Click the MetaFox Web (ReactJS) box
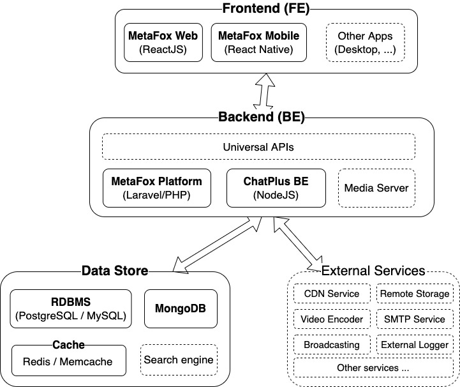click(163, 42)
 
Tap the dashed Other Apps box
click(365, 42)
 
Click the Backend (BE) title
click(261, 117)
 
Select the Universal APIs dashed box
click(258, 147)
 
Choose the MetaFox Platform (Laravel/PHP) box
click(156, 188)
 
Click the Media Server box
click(376, 188)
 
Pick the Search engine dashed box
click(179, 360)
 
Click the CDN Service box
click(332, 294)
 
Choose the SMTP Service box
click(415, 319)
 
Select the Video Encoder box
click(332, 319)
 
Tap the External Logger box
click(415, 345)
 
